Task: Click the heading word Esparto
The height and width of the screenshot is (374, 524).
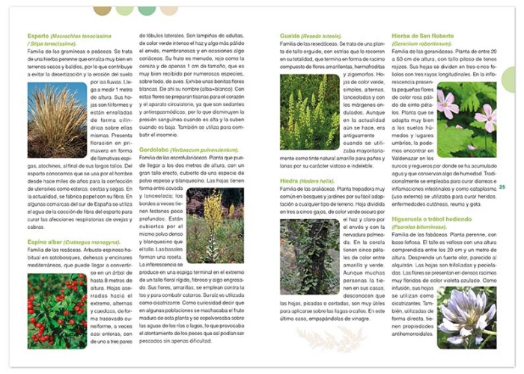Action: (37, 35)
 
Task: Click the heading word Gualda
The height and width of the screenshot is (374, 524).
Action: (290, 35)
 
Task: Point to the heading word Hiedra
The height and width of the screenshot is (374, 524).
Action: (290, 181)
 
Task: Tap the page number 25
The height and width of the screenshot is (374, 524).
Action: (502, 187)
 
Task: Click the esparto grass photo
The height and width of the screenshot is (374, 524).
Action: (58, 120)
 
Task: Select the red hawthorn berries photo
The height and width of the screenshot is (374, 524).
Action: (58, 310)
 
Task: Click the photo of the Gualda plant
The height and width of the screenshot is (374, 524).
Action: (310, 112)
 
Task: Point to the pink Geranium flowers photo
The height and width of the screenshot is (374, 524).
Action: (466, 118)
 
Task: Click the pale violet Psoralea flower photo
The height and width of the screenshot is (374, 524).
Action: (466, 317)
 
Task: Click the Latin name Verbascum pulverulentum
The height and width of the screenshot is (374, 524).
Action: (206, 149)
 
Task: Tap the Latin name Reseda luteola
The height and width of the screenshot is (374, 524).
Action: (323, 35)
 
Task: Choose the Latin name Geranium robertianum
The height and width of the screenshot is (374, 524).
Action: (421, 43)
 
